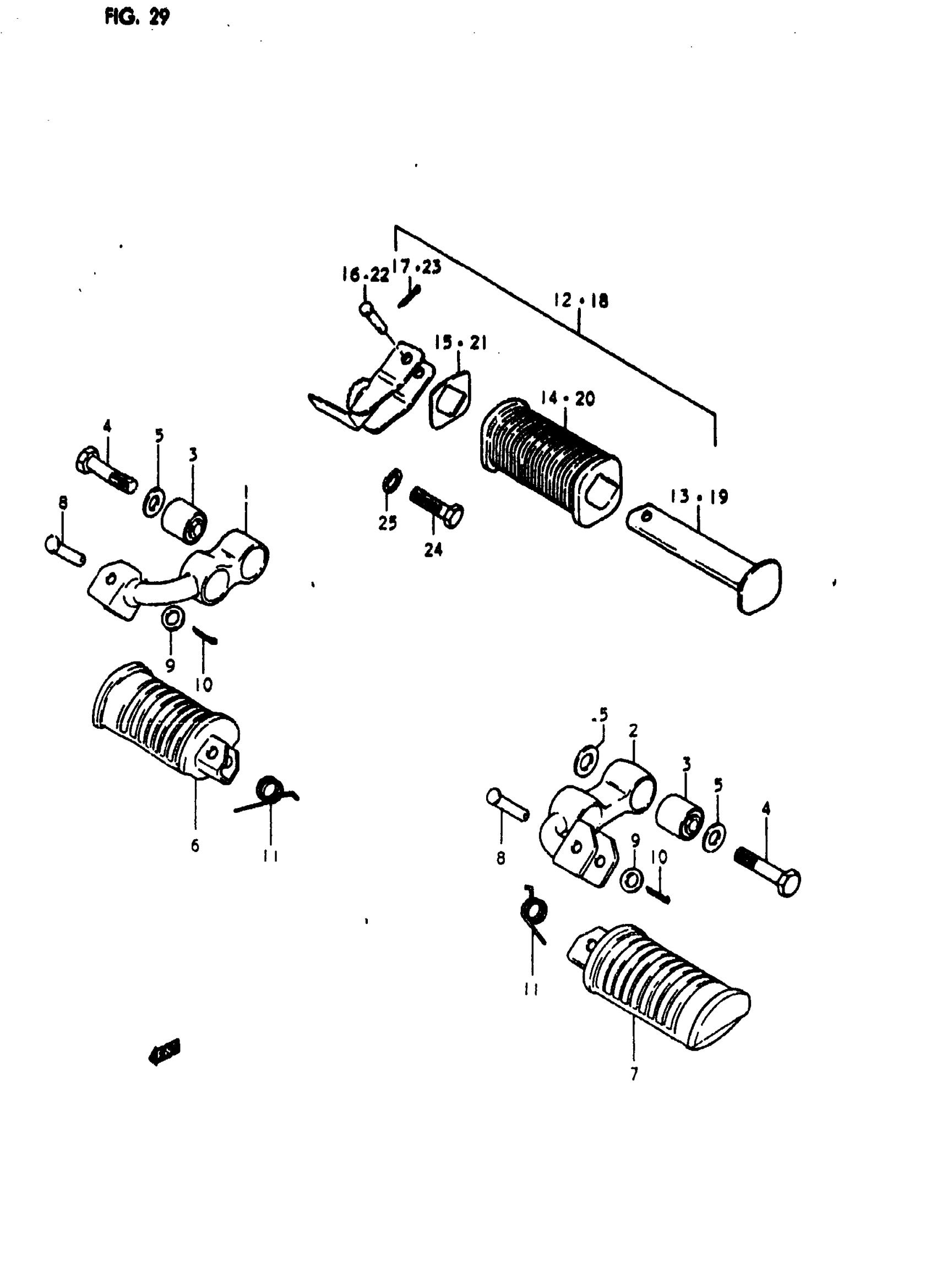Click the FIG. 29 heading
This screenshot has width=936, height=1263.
137,17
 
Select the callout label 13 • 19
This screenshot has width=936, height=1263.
699,497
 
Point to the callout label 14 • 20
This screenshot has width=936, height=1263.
567,399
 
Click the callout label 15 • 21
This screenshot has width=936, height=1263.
461,343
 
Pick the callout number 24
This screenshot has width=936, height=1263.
433,549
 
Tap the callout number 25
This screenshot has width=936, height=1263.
388,523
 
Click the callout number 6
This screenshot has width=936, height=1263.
195,846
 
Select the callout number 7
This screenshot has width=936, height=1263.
634,1073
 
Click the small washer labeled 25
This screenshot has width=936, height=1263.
391,480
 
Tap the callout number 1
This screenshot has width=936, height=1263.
246,491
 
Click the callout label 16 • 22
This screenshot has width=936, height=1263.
366,275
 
